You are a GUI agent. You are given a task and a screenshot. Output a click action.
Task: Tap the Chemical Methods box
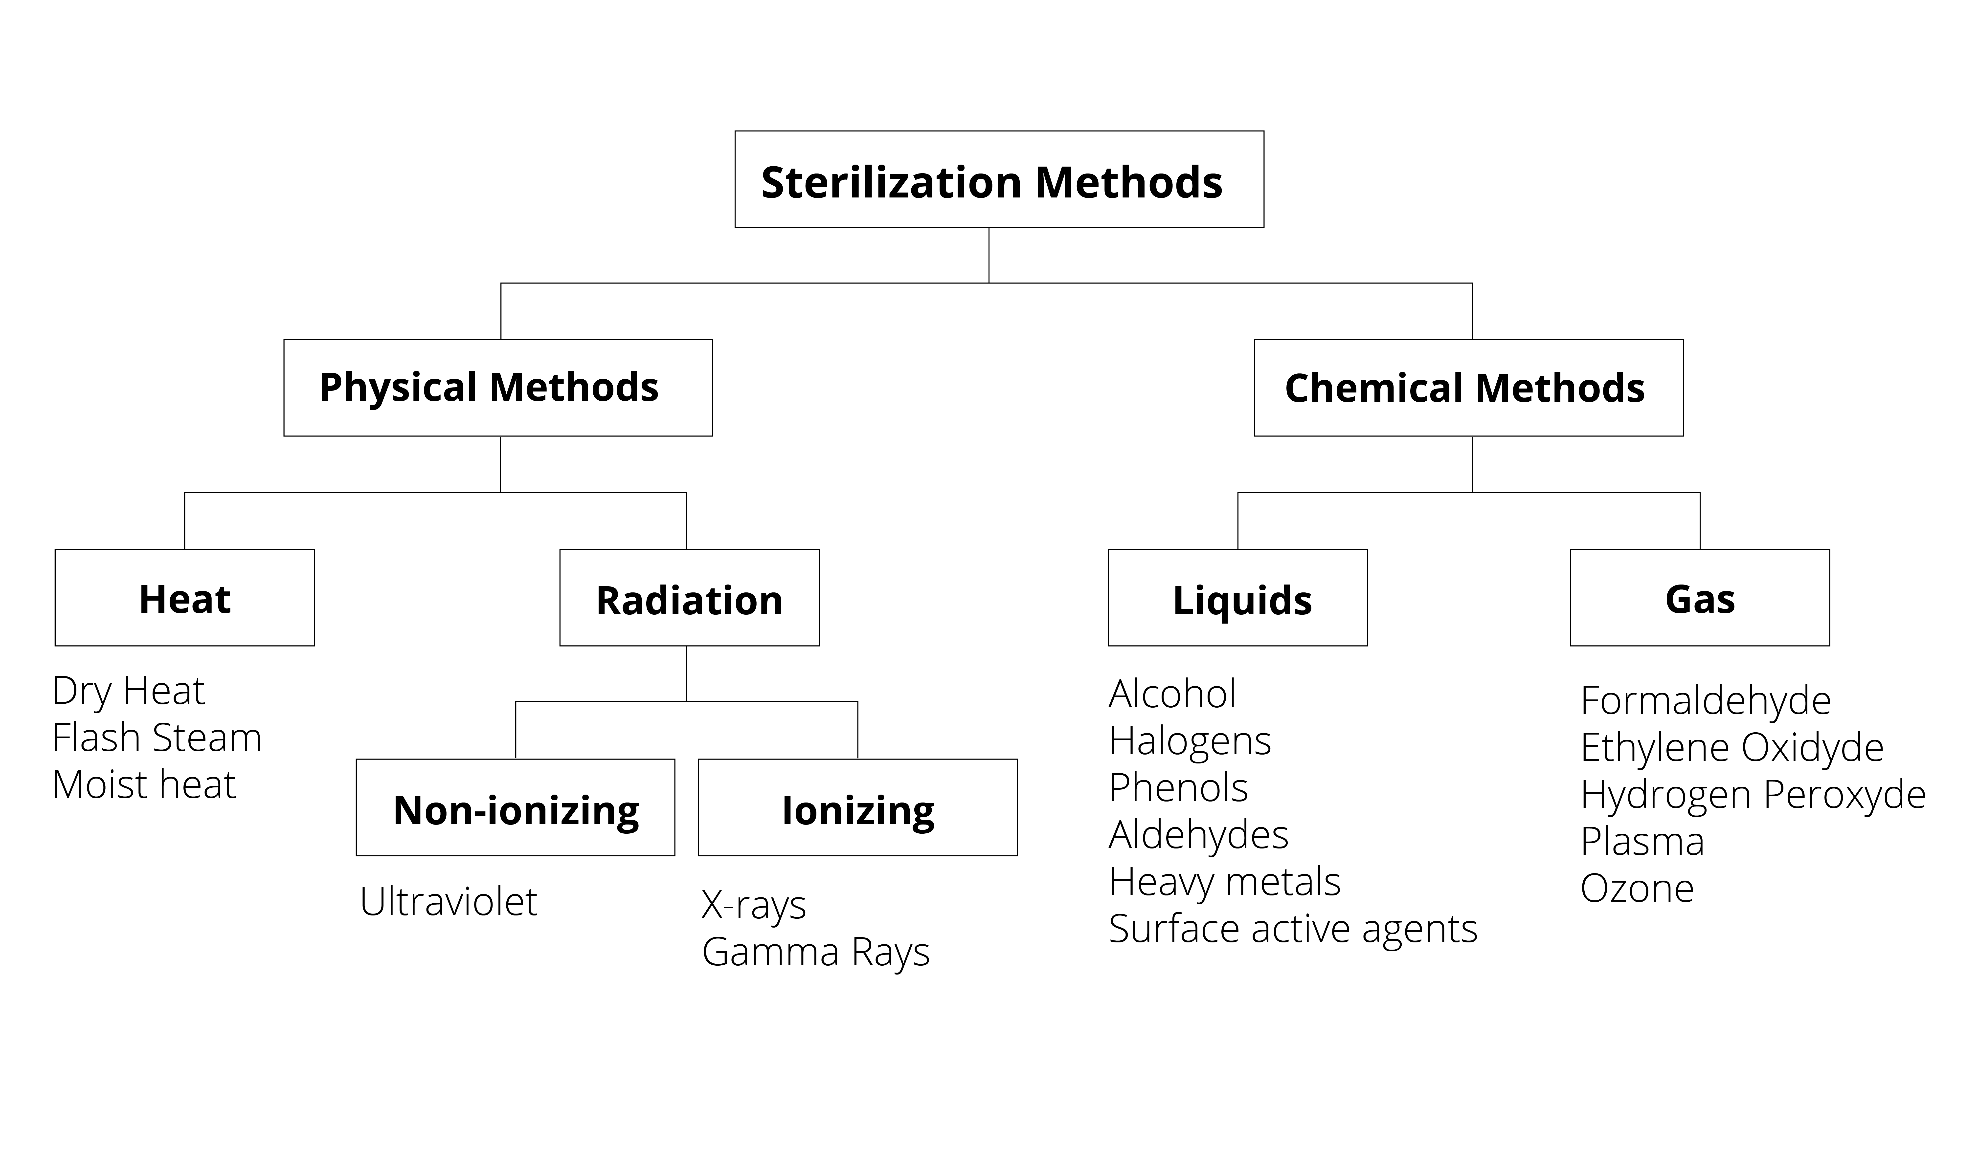tap(1468, 388)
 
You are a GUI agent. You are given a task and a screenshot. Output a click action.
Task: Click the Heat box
tap(184, 598)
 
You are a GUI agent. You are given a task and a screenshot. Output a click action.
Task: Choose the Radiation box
tap(689, 598)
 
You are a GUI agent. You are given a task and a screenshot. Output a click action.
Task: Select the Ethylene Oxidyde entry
tap(1731, 748)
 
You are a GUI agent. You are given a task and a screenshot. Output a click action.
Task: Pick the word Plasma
tap(1642, 842)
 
